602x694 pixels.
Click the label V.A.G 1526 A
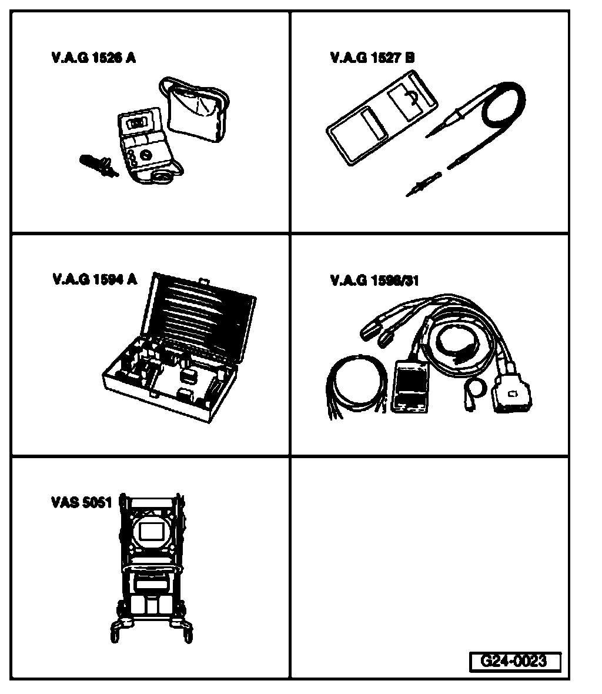click(93, 58)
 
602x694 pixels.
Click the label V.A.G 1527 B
click(372, 58)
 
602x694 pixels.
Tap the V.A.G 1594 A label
click(94, 280)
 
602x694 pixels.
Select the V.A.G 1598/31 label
click(374, 280)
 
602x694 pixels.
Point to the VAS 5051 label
click(81, 503)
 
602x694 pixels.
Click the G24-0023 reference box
click(514, 661)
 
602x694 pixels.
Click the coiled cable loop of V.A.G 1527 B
click(503, 109)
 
